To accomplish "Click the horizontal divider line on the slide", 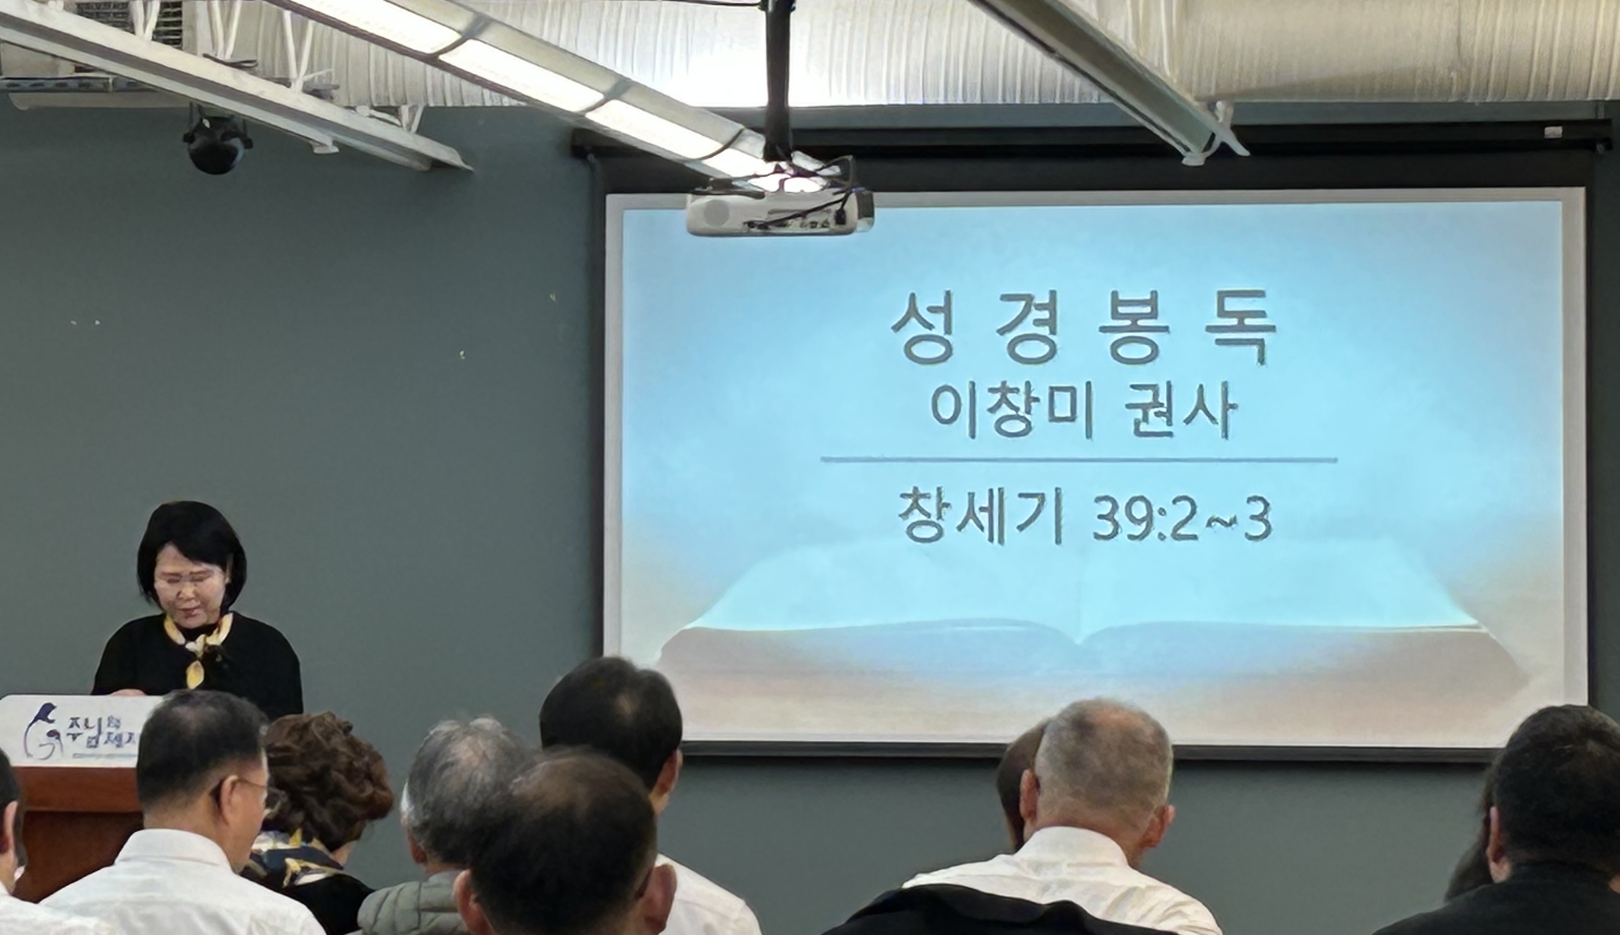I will pyautogui.click(x=1078, y=460).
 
